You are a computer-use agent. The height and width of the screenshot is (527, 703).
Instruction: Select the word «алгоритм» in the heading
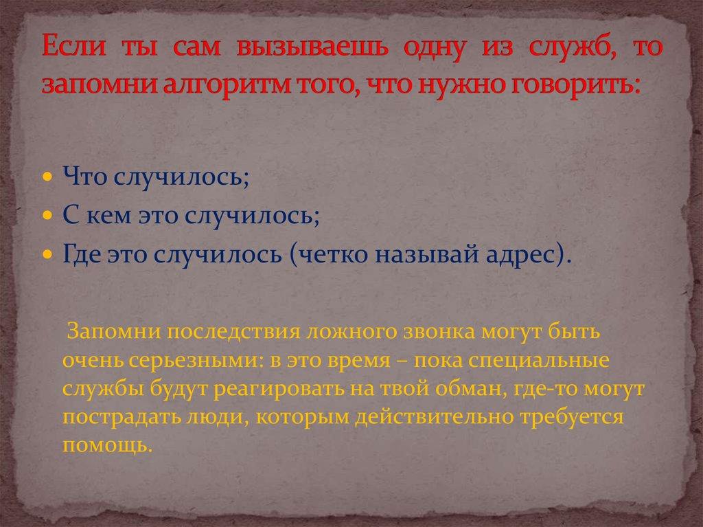[x=207, y=85]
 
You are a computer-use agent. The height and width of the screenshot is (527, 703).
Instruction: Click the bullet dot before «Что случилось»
[x=47, y=177]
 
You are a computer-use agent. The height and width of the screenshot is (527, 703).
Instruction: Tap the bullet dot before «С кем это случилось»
[x=47, y=216]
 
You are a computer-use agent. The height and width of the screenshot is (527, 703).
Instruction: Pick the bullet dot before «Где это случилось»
[x=47, y=254]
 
